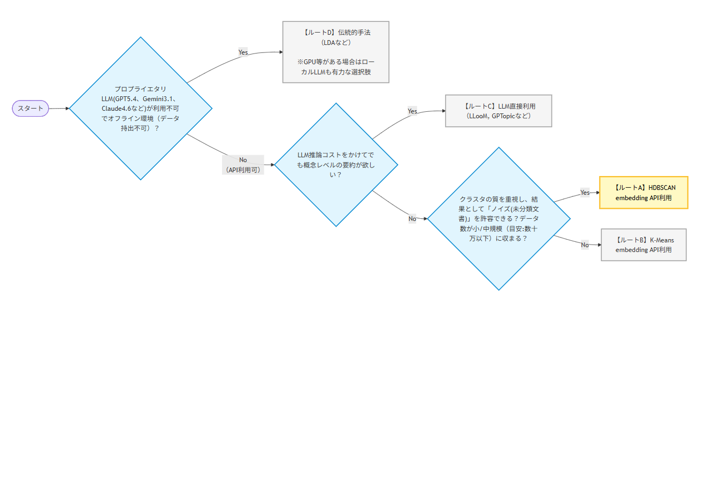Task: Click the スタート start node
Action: (30, 109)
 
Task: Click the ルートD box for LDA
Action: (336, 52)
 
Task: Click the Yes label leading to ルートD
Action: (243, 52)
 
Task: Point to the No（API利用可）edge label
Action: (243, 165)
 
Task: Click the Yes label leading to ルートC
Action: (412, 111)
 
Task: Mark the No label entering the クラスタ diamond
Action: (412, 219)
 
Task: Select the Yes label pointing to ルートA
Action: (585, 193)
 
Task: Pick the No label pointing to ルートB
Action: (585, 245)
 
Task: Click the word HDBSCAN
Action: (662, 188)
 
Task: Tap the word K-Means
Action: (662, 240)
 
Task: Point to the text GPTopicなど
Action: (510, 116)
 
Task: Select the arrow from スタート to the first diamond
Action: (59, 109)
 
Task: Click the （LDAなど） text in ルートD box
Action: (336, 43)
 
